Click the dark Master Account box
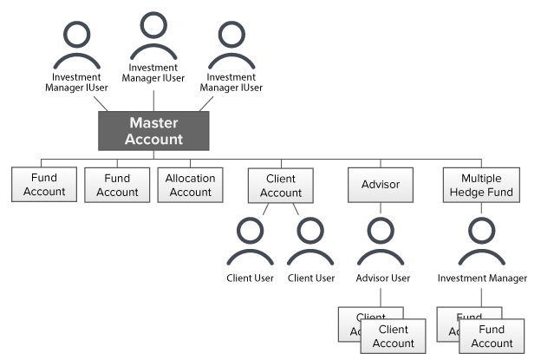(153, 130)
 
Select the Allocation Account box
(190, 185)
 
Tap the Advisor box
(381, 185)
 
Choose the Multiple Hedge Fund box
(480, 185)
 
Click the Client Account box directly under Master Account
(281, 186)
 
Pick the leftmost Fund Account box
(44, 185)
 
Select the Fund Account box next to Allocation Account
(117, 185)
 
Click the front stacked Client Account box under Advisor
(393, 337)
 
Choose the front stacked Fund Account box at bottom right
(492, 337)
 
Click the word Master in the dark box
(153, 123)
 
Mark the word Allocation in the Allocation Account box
(190, 178)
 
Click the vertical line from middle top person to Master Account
(153, 100)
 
